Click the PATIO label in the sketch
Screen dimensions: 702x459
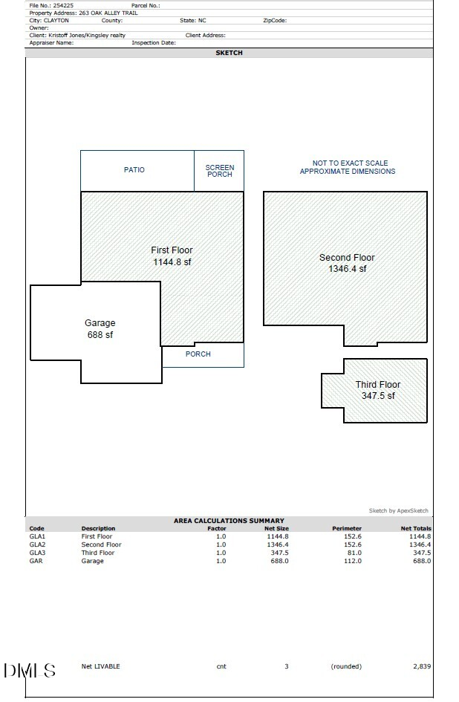[x=134, y=170]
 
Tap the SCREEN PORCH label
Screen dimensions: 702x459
[x=220, y=171]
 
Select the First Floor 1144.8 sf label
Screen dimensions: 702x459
[x=172, y=256]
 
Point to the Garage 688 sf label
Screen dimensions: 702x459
[x=100, y=329]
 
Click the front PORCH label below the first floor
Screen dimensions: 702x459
[x=198, y=354]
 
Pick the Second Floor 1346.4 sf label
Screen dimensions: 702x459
[x=347, y=263]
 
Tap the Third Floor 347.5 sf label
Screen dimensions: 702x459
[x=377, y=390]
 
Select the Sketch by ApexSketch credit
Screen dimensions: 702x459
[x=398, y=511]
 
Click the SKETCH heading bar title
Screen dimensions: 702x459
[x=229, y=53]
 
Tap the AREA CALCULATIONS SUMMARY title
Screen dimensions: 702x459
[x=229, y=521]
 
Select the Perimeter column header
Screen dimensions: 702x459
[x=347, y=529]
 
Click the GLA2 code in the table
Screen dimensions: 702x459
[x=37, y=545]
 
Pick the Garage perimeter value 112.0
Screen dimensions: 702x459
[x=352, y=561]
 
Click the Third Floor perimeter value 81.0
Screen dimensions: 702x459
[x=354, y=553]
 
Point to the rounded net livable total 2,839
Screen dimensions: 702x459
[x=421, y=666]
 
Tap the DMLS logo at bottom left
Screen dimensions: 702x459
[x=30, y=671]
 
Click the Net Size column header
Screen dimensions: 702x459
[x=276, y=529]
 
